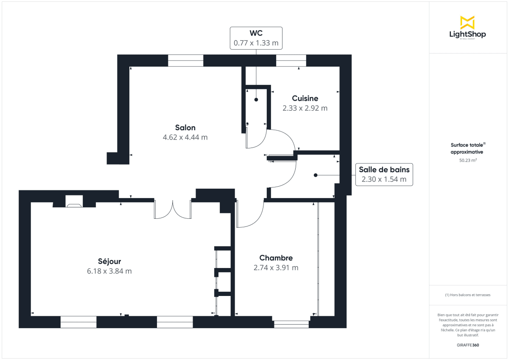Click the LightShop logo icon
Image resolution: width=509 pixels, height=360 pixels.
(467, 22)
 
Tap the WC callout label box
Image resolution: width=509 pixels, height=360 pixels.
(256, 38)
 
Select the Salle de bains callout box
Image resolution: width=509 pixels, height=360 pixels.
(383, 174)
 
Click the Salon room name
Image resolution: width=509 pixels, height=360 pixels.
(185, 128)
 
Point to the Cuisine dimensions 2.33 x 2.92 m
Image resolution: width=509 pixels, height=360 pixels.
(305, 108)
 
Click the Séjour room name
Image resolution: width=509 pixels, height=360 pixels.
(109, 261)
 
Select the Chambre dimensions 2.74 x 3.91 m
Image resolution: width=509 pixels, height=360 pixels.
(276, 268)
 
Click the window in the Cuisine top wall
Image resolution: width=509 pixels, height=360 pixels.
(291, 61)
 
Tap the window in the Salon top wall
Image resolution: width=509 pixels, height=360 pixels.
(185, 61)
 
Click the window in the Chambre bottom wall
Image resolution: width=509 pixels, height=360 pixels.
(291, 324)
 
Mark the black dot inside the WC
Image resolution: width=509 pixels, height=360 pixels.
(256, 100)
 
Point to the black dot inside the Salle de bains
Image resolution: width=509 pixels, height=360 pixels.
(315, 175)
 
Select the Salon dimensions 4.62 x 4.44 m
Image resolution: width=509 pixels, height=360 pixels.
(185, 137)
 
